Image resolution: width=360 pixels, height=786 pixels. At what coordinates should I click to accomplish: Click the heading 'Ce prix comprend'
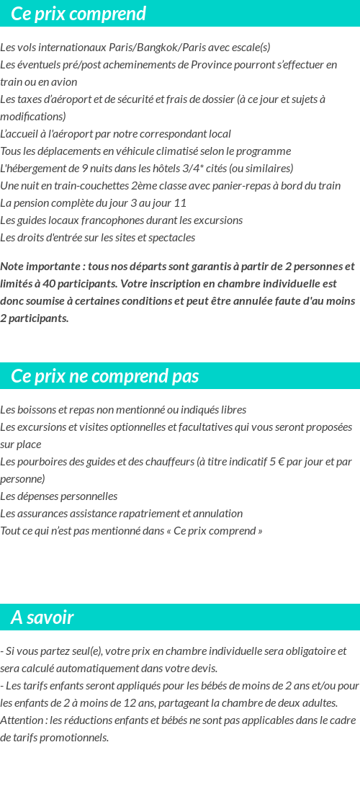(x=78, y=14)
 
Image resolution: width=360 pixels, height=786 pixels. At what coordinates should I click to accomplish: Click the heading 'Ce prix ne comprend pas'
(x=105, y=376)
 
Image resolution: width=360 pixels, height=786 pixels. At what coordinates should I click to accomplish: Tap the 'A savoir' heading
(x=42, y=617)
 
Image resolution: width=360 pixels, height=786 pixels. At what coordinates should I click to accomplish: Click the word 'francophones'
(x=101, y=220)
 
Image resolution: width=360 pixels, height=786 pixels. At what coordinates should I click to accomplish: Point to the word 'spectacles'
(x=171, y=238)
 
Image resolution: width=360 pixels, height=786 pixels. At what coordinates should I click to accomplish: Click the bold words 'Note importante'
(x=41, y=267)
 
